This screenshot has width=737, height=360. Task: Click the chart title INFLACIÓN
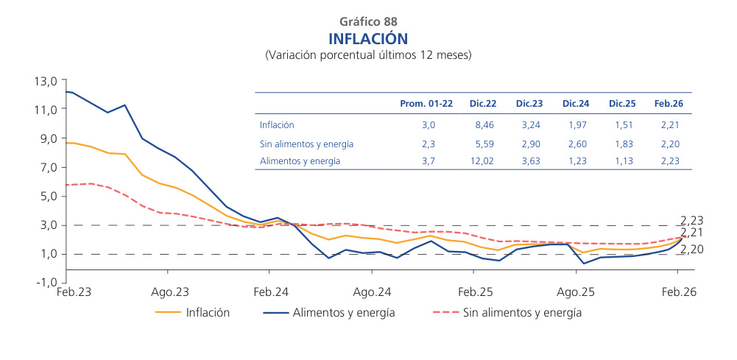point(368,38)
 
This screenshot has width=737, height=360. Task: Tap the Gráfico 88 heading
point(368,21)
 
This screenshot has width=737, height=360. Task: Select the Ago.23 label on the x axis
point(171,292)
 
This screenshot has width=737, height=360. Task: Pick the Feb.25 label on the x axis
point(475,292)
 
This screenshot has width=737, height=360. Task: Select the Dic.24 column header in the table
point(575,104)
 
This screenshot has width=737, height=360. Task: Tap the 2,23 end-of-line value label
point(691,219)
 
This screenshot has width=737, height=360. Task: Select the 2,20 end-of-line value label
point(691,250)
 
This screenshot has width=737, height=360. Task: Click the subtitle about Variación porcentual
point(368,55)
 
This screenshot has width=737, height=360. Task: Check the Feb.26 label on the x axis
point(678,292)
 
